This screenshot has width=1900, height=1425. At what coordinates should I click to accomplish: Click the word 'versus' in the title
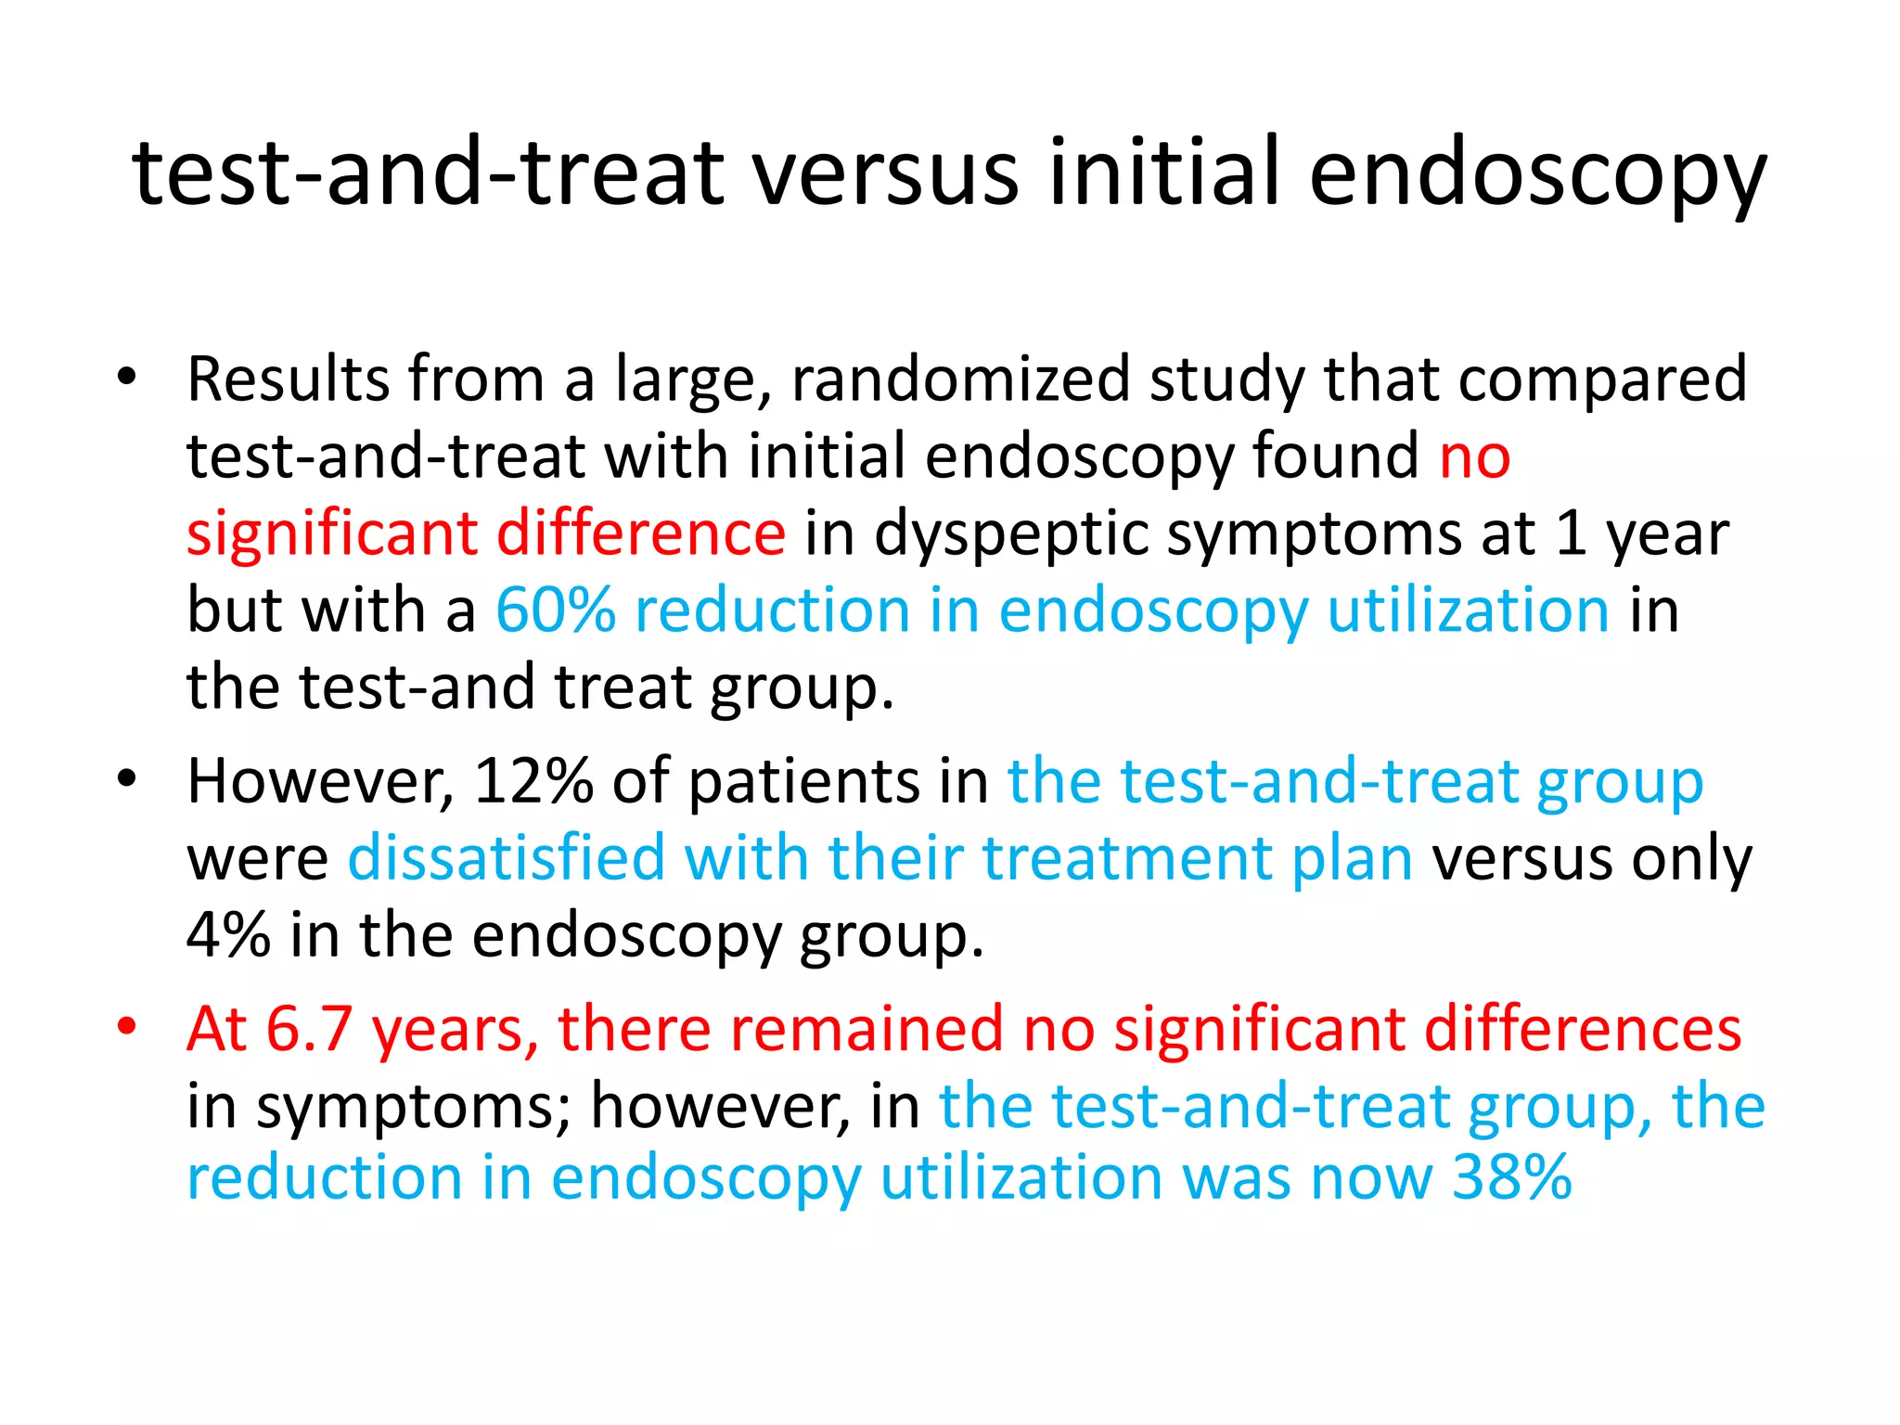coord(885,173)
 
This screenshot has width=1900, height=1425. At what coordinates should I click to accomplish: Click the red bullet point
coord(127,1026)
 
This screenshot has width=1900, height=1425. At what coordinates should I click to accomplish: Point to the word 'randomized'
coord(960,379)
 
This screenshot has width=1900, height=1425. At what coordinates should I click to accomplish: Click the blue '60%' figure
coord(555,610)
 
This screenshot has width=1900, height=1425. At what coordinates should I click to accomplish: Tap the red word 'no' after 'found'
coord(1474,456)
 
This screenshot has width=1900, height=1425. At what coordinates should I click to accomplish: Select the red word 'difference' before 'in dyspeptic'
coord(641,533)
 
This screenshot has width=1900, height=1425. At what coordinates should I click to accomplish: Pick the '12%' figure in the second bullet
coord(533,781)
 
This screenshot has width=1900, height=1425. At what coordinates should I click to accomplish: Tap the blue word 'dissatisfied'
coord(507,858)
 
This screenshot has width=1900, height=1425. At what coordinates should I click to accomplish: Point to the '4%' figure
coord(228,935)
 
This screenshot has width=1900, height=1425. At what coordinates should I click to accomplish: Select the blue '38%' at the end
coord(1511,1178)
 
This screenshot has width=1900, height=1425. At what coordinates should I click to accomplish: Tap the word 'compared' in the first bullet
coord(1602,379)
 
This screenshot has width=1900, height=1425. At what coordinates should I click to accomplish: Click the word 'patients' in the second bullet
coord(804,781)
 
